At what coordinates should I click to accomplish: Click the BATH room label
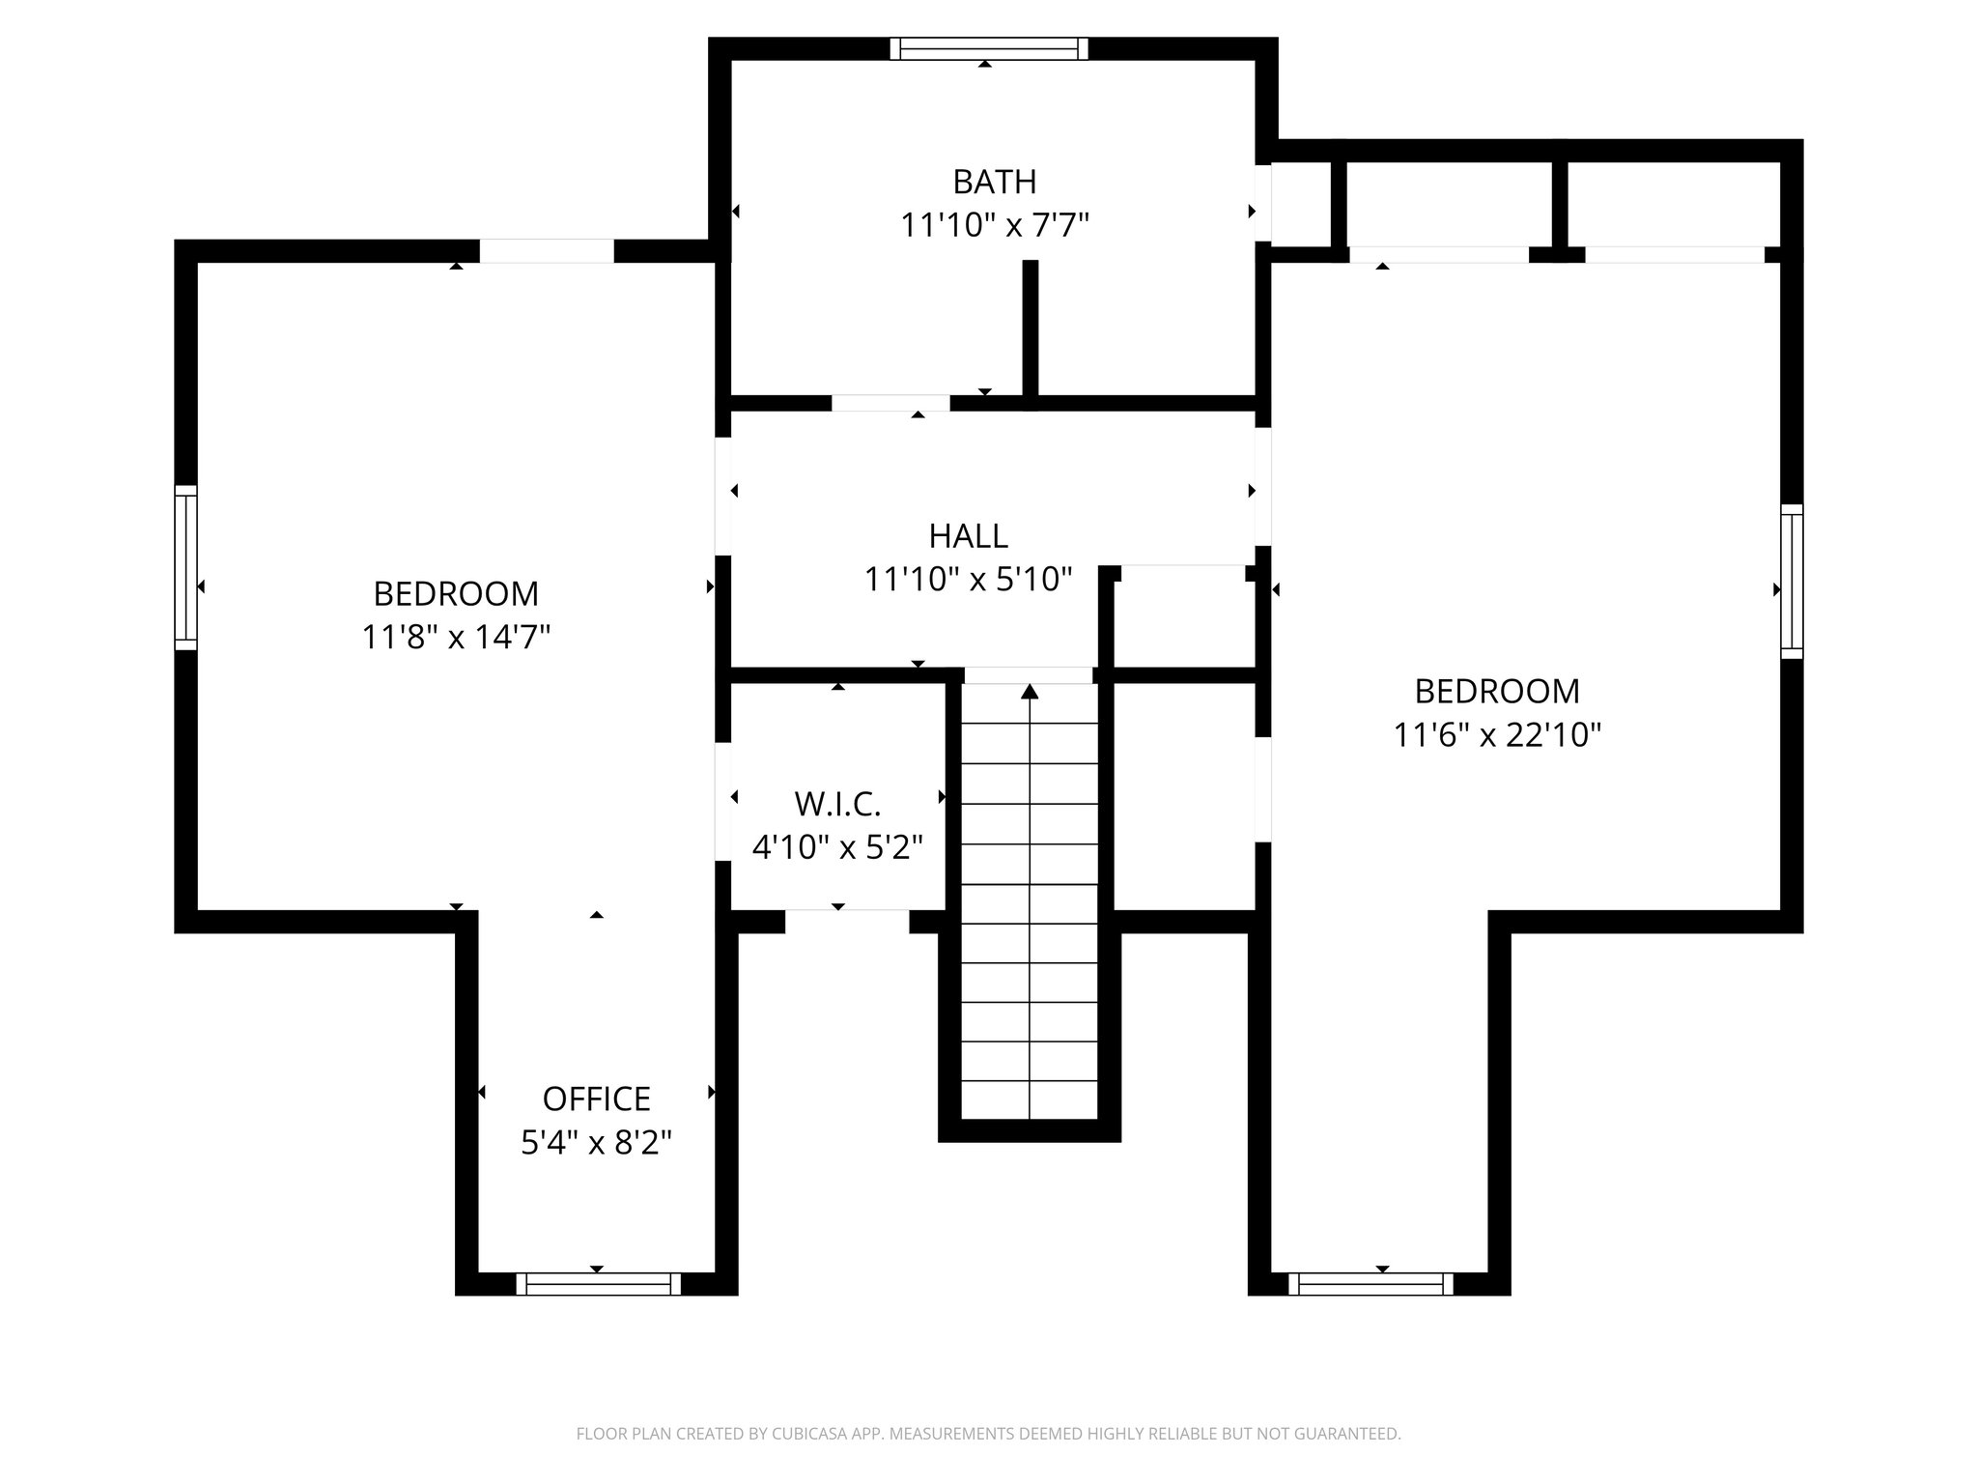pyautogui.click(x=994, y=182)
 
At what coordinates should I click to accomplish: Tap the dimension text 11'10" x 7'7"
pyautogui.click(x=994, y=226)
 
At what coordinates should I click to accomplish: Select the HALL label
pyautogui.click(x=968, y=535)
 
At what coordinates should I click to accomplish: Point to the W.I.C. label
pyautogui.click(x=837, y=803)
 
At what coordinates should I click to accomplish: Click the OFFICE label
pyautogui.click(x=596, y=1099)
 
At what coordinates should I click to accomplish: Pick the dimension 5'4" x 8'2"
pyautogui.click(x=596, y=1143)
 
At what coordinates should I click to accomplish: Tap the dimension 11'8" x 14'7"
pyautogui.click(x=456, y=638)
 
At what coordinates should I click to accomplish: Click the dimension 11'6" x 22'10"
pyautogui.click(x=1496, y=736)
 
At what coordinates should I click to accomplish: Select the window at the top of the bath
pyautogui.click(x=988, y=48)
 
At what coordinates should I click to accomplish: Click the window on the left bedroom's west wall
pyautogui.click(x=185, y=567)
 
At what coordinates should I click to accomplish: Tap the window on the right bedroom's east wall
pyautogui.click(x=1792, y=581)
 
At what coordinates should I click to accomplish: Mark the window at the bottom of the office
pyautogui.click(x=598, y=1283)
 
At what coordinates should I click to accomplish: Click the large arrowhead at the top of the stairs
pyautogui.click(x=1030, y=691)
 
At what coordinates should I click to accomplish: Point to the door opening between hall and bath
pyautogui.click(x=890, y=404)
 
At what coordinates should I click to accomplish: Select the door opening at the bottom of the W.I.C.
pyautogui.click(x=847, y=921)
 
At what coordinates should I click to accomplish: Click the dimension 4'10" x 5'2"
pyautogui.click(x=837, y=848)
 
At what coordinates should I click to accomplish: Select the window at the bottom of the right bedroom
pyautogui.click(x=1370, y=1283)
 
